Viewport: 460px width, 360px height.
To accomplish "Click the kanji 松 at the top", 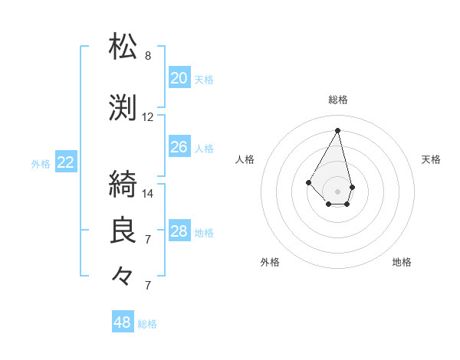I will click(x=124, y=47).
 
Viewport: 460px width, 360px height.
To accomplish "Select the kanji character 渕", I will click(x=124, y=109).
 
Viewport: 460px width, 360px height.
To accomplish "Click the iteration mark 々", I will click(x=124, y=277).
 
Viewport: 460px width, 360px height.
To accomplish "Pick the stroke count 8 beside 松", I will click(x=148, y=56).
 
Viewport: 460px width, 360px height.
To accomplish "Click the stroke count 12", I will click(x=148, y=117).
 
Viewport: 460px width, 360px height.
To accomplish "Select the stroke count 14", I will click(x=148, y=193).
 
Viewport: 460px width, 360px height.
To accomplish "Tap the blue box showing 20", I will click(x=179, y=77).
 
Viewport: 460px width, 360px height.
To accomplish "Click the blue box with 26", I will click(x=179, y=146).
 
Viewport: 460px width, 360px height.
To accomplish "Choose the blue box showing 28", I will click(x=179, y=231).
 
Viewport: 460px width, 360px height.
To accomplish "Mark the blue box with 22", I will click(x=66, y=162).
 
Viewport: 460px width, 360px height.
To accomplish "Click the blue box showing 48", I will click(x=123, y=322).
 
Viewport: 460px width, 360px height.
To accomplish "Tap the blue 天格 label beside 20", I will click(x=204, y=79).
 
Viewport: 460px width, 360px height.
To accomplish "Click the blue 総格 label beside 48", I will click(x=147, y=324).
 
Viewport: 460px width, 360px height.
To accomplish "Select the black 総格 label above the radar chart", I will click(x=337, y=100).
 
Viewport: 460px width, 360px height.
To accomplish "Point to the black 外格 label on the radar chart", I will click(x=270, y=262).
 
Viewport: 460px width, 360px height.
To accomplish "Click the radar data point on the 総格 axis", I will click(x=337, y=129).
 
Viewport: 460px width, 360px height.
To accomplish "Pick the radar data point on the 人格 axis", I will click(x=308, y=182).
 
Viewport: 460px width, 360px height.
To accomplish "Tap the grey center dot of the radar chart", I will click(x=337, y=191).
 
